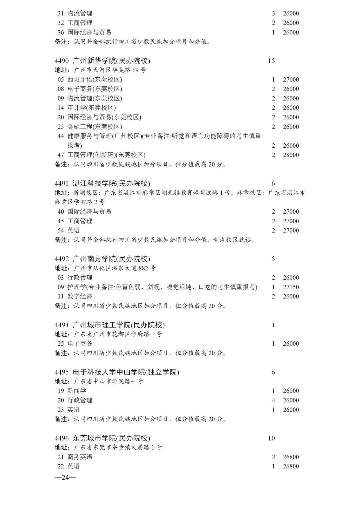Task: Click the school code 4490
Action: point(62,61)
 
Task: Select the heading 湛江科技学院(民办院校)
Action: point(111,183)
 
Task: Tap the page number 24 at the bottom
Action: point(65,477)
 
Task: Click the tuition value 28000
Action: point(291,155)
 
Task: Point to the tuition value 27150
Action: point(291,287)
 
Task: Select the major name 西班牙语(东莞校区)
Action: point(95,80)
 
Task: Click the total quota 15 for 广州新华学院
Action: point(271,61)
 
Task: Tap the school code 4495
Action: point(62,372)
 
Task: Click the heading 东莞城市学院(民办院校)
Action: point(111,438)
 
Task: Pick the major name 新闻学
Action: point(77,391)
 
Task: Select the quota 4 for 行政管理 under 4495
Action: point(273,400)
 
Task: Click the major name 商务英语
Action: point(80,457)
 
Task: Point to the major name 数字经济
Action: point(80,296)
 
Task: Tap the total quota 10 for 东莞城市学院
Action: point(271,438)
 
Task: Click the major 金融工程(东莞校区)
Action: point(95,127)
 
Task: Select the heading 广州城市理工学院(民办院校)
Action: point(118,325)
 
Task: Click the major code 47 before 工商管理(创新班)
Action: point(61,155)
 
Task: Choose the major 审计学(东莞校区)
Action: point(91,108)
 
